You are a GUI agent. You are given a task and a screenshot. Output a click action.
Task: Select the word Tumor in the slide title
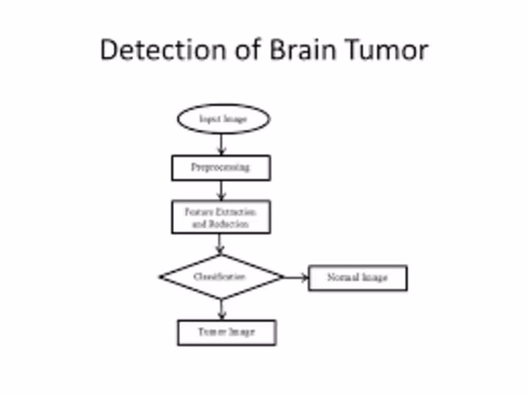pos(385,50)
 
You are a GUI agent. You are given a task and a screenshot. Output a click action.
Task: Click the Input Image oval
pos(224,119)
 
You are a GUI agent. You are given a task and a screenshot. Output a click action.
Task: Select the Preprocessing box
pos(220,167)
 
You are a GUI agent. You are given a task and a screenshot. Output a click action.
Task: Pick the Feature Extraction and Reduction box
pos(220,217)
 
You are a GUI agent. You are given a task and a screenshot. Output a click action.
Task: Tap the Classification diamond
pos(220,277)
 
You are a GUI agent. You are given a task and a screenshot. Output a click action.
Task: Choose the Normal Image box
pos(358,278)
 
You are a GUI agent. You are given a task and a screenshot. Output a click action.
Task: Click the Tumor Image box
pos(226,332)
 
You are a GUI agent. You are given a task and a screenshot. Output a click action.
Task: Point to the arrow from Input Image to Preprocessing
pos(222,144)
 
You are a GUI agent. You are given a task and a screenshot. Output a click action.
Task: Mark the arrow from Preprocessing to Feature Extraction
pos(222,191)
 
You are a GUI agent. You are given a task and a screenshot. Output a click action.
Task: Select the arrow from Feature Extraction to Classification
pos(220,244)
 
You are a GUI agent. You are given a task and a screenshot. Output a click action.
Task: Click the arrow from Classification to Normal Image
pos(296,278)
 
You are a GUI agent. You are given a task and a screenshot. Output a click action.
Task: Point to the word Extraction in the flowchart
pos(236,212)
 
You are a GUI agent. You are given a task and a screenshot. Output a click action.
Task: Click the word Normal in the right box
pos(341,278)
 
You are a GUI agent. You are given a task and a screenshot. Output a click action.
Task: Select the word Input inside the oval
pos(209,119)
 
